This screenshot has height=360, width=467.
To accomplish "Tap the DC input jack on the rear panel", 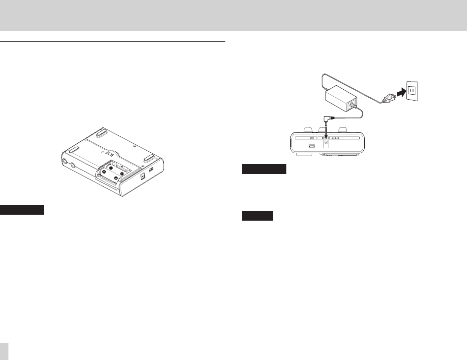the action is click(x=327, y=145).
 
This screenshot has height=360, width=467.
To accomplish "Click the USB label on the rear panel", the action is click(x=311, y=138).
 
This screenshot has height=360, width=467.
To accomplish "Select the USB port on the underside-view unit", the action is click(x=151, y=170).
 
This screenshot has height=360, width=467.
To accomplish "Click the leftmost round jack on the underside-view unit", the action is click(x=65, y=161).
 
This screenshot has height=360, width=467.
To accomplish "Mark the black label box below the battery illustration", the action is click(x=23, y=209).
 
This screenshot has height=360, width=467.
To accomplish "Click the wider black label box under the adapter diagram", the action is click(x=265, y=170).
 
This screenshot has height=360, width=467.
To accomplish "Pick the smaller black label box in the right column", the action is click(x=258, y=216).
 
